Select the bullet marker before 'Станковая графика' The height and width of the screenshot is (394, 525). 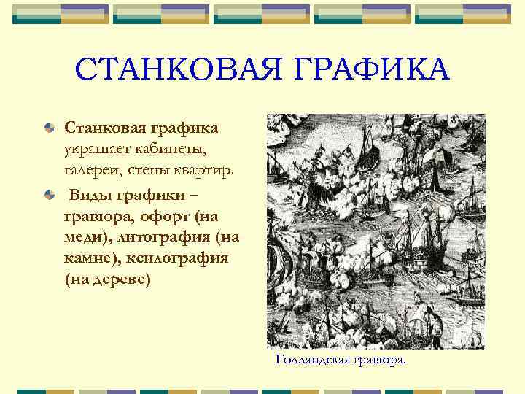click(x=49, y=128)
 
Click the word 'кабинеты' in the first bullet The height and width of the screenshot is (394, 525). click(x=168, y=150)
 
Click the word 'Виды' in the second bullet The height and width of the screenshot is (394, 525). click(x=89, y=196)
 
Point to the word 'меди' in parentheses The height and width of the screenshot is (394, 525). click(x=82, y=238)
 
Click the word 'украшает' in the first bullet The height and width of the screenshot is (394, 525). click(x=95, y=150)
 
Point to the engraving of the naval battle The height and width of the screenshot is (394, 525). click(x=376, y=231)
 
